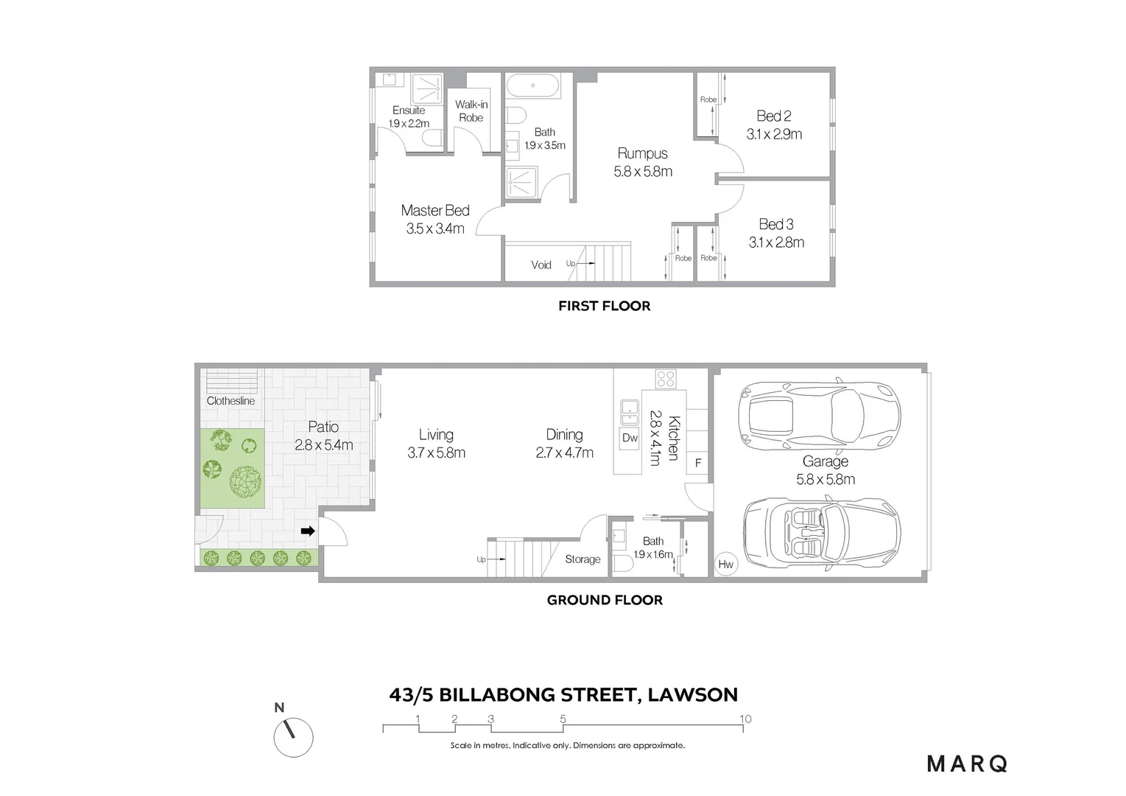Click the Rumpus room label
642,153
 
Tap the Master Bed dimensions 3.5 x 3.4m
434,228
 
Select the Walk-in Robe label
471,111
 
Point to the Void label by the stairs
541,265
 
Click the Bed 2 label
773,116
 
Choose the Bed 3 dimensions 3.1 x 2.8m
776,242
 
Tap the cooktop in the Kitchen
666,379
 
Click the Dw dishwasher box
630,438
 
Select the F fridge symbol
698,464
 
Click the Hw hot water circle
725,565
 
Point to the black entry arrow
308,531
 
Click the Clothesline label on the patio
231,401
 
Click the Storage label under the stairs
583,559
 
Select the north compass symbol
293,735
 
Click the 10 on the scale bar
745,719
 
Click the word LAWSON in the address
692,694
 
